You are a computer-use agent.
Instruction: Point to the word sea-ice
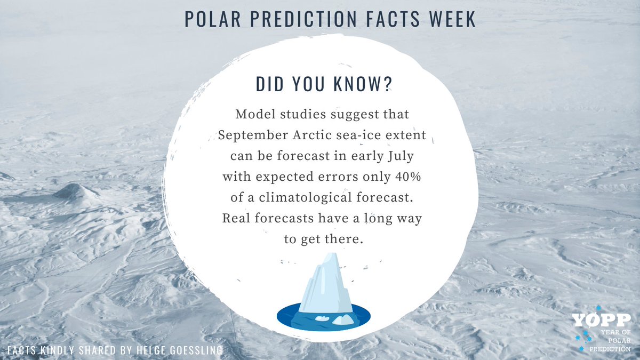(x=371, y=135)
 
